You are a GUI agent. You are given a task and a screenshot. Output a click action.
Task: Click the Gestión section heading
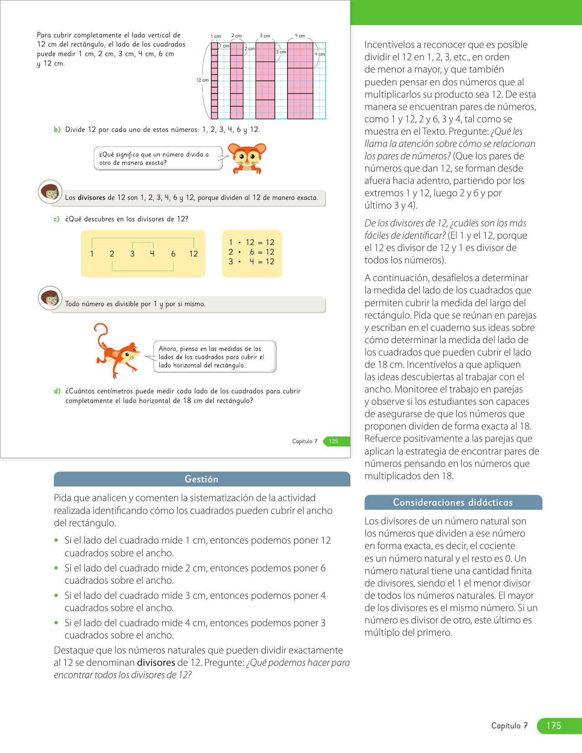[x=201, y=479]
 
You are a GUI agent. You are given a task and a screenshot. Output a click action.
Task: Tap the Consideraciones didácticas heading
[x=453, y=502]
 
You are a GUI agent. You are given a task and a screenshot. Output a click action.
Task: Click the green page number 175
[x=554, y=726]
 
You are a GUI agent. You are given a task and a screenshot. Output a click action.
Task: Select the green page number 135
[x=334, y=441]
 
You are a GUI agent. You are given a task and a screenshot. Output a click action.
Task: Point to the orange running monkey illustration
[x=117, y=351]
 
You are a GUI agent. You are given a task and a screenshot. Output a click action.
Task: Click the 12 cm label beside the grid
[x=202, y=80]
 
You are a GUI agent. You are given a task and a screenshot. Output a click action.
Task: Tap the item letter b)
[x=57, y=130]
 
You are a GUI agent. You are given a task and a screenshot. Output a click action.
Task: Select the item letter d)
[x=57, y=391]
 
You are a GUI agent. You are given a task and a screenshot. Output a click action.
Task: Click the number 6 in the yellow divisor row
[x=173, y=254]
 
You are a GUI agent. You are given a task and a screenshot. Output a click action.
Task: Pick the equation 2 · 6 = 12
[x=252, y=252]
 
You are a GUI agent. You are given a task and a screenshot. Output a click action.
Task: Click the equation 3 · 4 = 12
[x=252, y=261]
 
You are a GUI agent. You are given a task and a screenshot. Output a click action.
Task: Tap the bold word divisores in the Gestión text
[x=156, y=663]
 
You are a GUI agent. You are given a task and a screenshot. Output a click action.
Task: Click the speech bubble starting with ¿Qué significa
[x=158, y=158]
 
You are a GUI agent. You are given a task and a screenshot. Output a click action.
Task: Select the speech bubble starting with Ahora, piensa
[x=215, y=357]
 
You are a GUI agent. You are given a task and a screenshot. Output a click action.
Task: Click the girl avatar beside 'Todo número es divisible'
[x=50, y=298]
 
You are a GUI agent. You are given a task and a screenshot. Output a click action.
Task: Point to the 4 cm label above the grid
[x=300, y=36]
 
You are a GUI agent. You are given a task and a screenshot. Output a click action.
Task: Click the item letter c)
[x=57, y=219]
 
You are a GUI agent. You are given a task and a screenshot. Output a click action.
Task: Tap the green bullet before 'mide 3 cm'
[x=57, y=596]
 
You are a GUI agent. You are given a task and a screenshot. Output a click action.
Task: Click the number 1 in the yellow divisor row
[x=92, y=254]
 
